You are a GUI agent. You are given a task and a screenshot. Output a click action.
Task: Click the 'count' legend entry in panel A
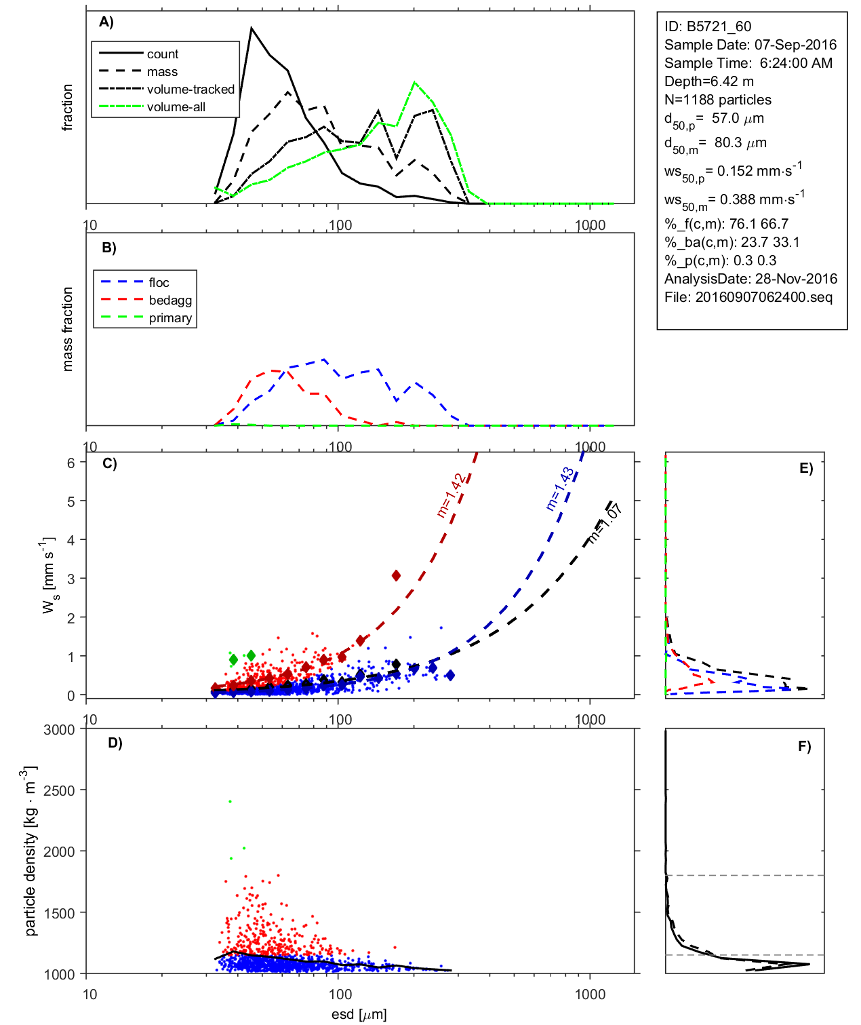(x=162, y=54)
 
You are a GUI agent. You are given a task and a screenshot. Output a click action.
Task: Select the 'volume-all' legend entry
(x=176, y=107)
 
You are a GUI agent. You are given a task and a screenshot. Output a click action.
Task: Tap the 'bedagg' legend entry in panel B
(x=170, y=301)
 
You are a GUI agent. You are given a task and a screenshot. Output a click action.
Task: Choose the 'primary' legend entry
(x=170, y=318)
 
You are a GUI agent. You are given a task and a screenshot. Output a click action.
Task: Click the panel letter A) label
(x=106, y=22)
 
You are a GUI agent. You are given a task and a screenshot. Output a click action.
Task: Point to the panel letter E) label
(x=805, y=468)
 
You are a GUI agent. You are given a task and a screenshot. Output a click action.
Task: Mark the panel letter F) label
(x=804, y=746)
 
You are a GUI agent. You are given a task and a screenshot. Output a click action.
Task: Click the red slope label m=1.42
(x=452, y=496)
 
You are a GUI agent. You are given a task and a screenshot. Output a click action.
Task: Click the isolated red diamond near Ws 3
(x=396, y=575)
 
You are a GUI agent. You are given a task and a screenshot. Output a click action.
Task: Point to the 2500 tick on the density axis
(x=59, y=790)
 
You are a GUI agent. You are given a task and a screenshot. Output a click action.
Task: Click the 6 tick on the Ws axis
(x=71, y=463)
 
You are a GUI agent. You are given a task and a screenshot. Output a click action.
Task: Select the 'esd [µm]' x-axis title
(x=359, y=1014)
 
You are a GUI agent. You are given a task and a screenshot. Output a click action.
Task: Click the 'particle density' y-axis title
(x=31, y=851)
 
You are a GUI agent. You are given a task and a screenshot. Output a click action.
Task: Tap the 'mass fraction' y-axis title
(x=67, y=329)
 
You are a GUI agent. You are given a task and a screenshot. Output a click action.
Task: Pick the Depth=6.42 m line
(x=708, y=81)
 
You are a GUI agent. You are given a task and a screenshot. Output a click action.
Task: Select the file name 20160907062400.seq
(x=764, y=297)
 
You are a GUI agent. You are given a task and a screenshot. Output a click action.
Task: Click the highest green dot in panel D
(x=230, y=801)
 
